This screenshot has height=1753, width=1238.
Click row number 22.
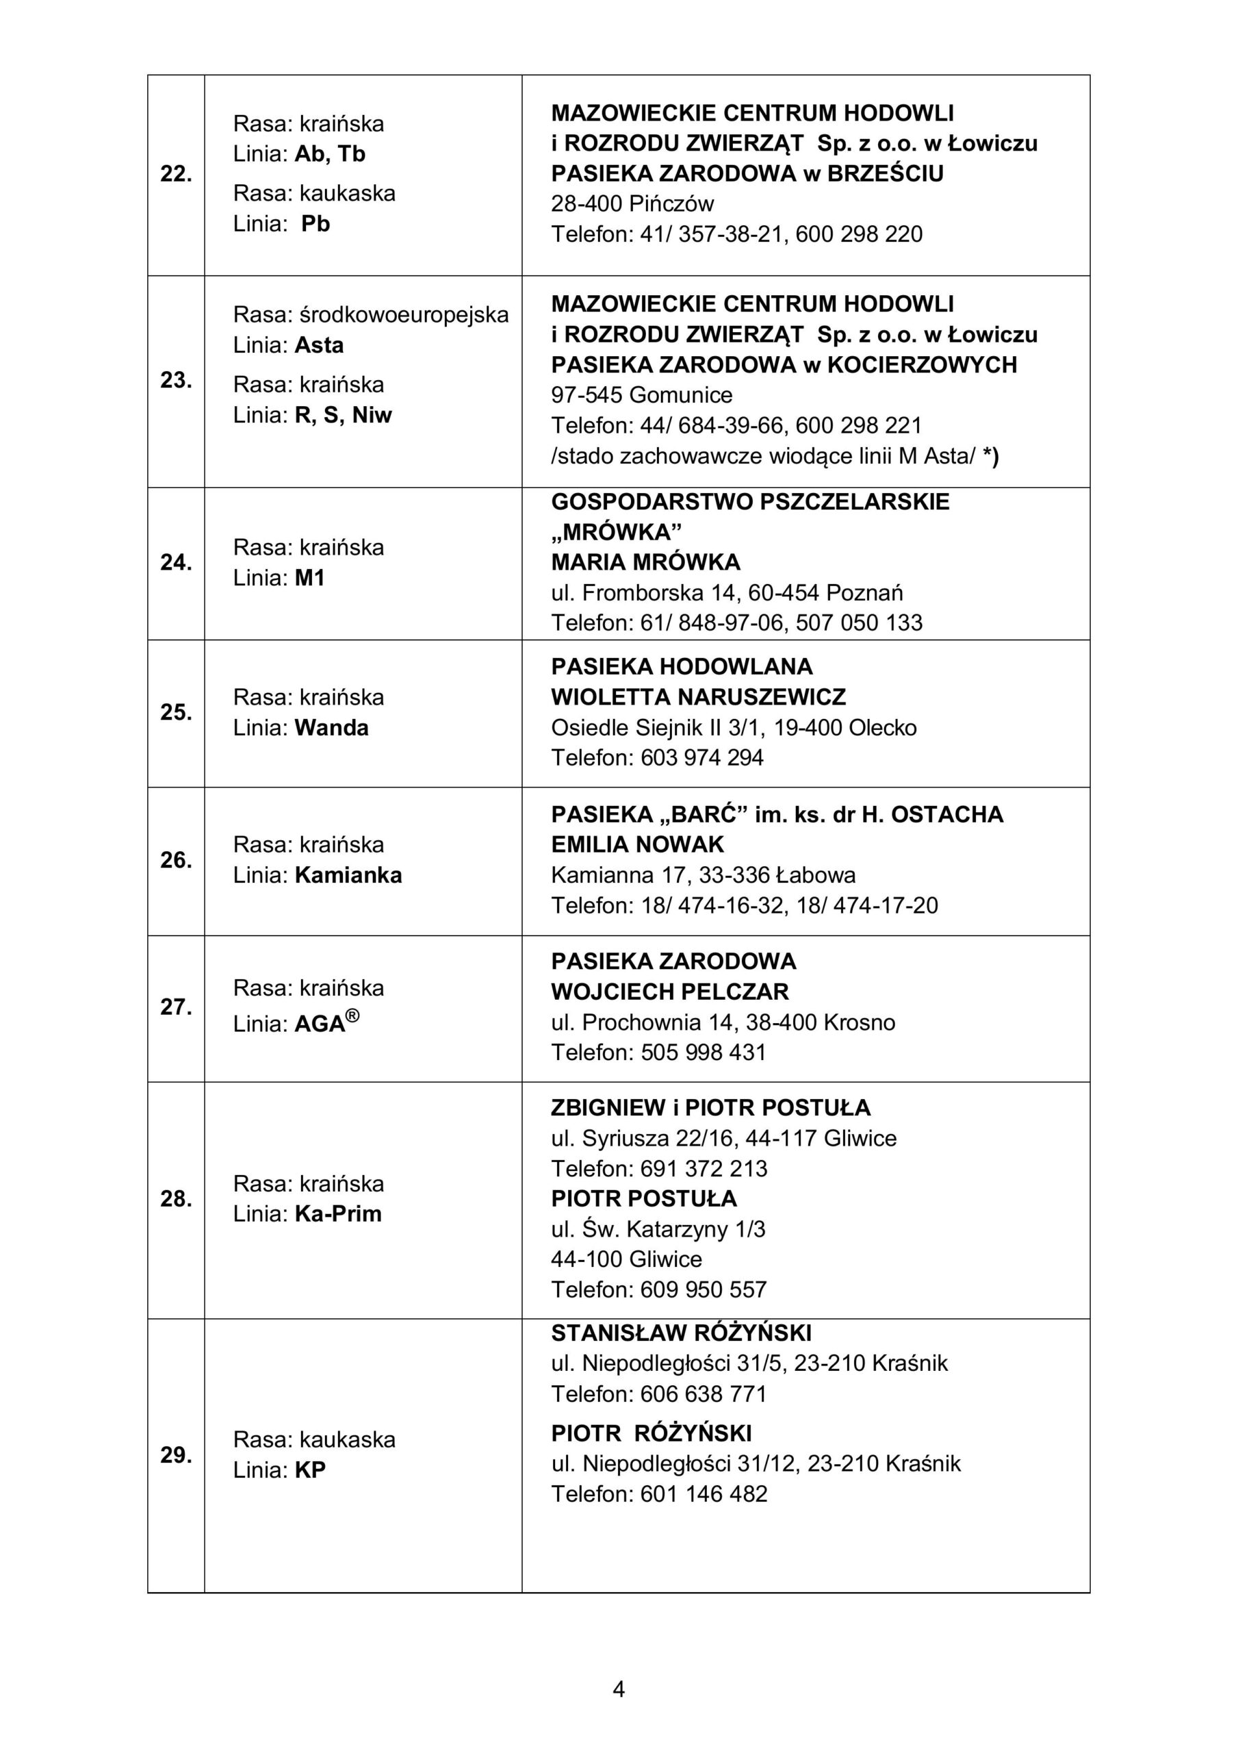point(176,174)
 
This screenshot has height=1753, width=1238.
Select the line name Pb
point(315,224)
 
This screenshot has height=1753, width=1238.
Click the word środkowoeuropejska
point(404,314)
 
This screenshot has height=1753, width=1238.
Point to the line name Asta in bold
point(319,345)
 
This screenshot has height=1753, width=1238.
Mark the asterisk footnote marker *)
point(991,456)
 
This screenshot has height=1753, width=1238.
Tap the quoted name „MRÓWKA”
point(616,531)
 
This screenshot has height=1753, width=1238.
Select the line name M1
point(310,578)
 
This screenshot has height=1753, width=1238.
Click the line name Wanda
point(331,728)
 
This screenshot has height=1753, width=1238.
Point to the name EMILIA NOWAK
point(637,844)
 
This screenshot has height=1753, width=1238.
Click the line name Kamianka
point(348,875)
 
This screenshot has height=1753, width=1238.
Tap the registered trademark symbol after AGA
point(352,1016)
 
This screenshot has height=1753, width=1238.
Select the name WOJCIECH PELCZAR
point(669,992)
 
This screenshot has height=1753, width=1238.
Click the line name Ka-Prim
point(338,1214)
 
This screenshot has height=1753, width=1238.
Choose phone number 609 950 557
point(703,1289)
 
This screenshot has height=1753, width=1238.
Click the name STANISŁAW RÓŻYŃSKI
point(681,1334)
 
